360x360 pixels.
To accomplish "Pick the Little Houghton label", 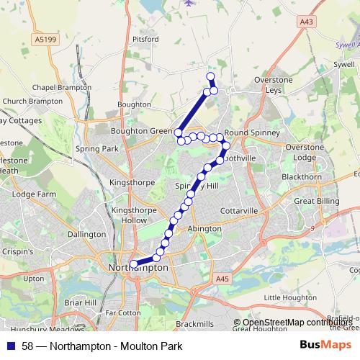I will tap(290, 297).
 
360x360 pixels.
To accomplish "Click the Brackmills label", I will tap(194, 325).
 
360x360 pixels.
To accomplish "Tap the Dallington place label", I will tap(86, 234).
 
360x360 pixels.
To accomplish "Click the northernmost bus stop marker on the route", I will tap(210, 77).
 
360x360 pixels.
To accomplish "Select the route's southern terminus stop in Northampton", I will tap(133, 264).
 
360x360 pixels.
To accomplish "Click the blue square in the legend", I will tap(10, 346).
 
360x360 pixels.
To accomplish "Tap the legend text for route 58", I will tap(102, 346).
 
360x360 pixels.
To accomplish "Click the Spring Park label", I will tap(96, 148).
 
